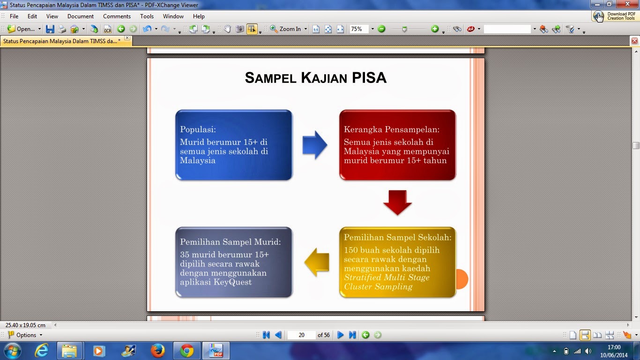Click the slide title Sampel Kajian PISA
(x=315, y=78)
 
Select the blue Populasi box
(x=234, y=145)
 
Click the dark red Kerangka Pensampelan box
(x=397, y=145)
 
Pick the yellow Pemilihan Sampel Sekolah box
(x=397, y=262)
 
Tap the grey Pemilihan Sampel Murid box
(x=234, y=262)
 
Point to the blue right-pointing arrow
(x=314, y=145)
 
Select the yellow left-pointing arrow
(x=317, y=262)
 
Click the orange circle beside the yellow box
(x=461, y=279)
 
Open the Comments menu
(x=117, y=16)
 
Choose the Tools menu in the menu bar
(x=147, y=16)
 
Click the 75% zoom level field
(x=359, y=29)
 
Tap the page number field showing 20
(x=301, y=335)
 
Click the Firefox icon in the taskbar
(x=157, y=351)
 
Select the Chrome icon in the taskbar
(x=186, y=351)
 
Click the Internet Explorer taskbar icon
(x=42, y=351)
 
